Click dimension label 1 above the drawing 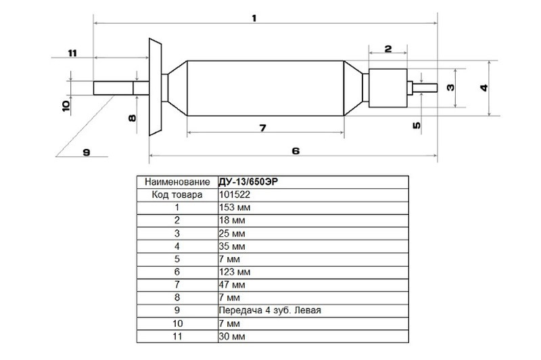pos(254,18)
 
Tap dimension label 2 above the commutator pos(388,49)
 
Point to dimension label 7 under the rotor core pos(263,128)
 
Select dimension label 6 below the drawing pos(296,151)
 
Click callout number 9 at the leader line pos(87,152)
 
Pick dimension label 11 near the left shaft pos(72,53)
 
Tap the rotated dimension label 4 pos(484,88)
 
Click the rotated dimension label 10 pos(66,106)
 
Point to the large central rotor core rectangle pos(265,88)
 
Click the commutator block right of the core pos(388,88)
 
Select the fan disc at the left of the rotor pos(156,87)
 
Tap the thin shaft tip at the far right pos(425,88)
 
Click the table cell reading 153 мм pos(235,208)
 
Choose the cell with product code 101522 pos(235,195)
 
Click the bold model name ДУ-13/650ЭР pos(248,181)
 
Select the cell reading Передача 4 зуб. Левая pos(270,311)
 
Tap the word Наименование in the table pos(177,182)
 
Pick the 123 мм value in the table pos(235,272)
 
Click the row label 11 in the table pos(177,336)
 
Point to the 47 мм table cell pos(232,285)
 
